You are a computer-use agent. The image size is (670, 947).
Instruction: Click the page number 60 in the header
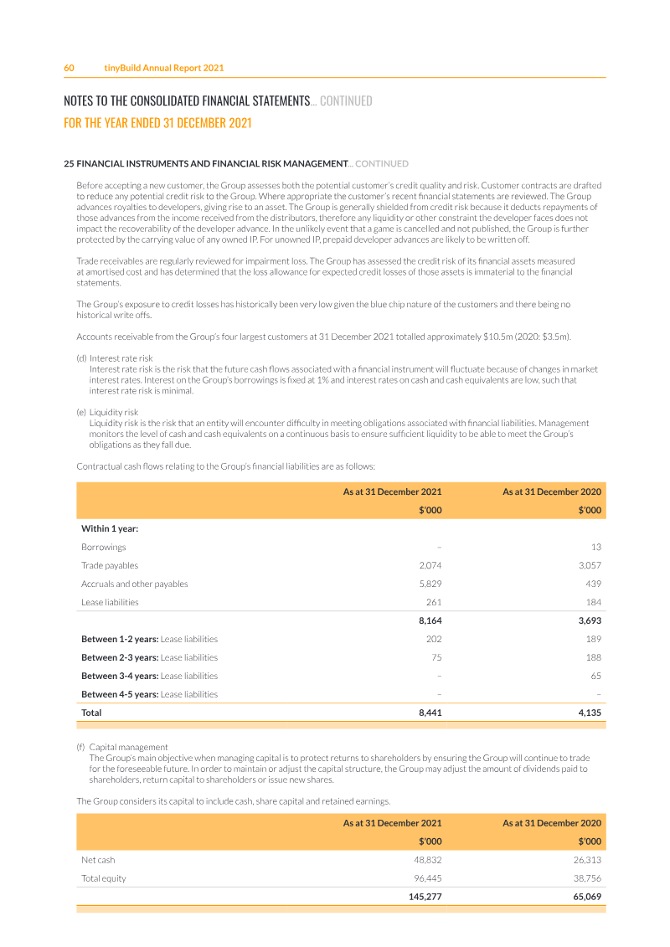coord(70,68)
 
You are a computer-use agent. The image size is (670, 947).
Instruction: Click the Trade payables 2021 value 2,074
coord(430,565)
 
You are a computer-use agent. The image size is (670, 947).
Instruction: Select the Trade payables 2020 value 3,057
coord(590,565)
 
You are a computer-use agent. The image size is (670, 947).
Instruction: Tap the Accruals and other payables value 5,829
coord(430,584)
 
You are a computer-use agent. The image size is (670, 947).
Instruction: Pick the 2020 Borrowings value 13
coord(595,547)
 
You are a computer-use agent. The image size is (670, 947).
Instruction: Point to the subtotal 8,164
coord(430,620)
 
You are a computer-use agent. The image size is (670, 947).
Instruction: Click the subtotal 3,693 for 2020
coord(590,620)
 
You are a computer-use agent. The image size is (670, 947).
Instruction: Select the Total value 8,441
coord(430,713)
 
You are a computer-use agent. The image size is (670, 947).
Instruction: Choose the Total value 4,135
coord(590,713)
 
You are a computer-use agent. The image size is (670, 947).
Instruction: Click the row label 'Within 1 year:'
coord(110,528)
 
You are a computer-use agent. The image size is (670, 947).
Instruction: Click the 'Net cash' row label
coord(98,860)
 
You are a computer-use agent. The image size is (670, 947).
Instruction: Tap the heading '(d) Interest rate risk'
coord(115,358)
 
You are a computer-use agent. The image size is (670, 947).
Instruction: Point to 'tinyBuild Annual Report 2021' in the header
coord(163,68)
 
